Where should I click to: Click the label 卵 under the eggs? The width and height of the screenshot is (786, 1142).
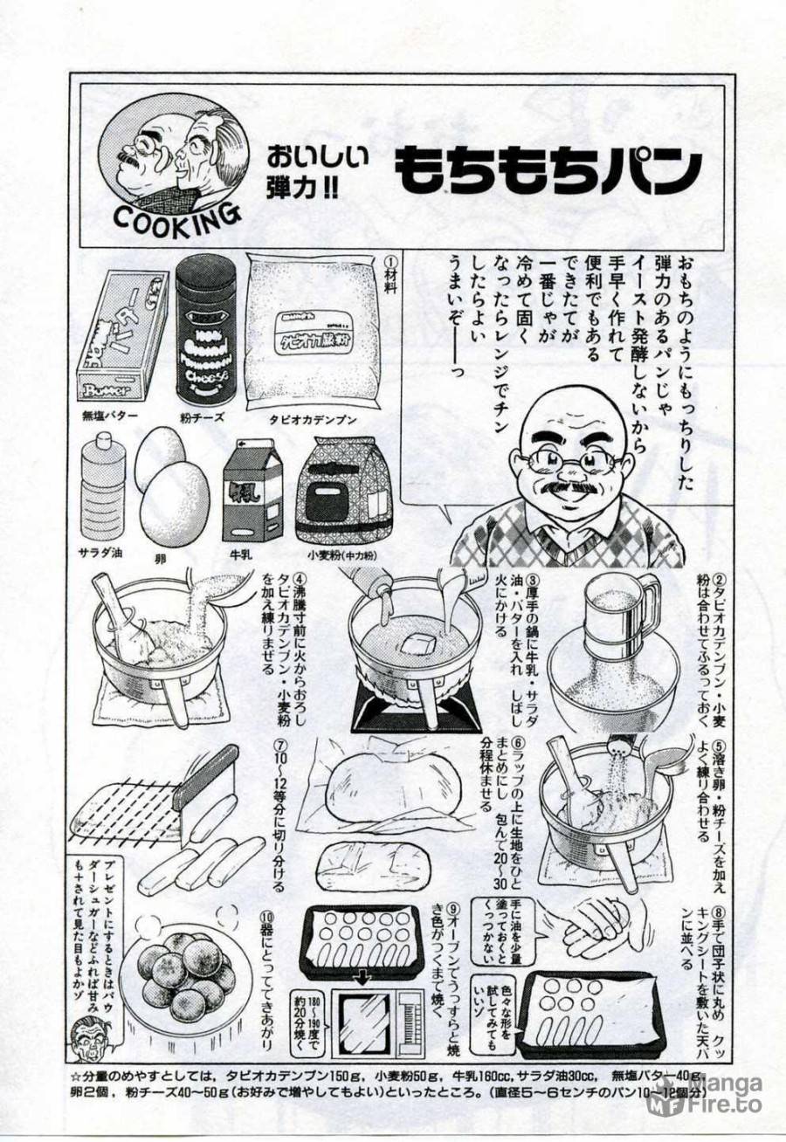(173, 554)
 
